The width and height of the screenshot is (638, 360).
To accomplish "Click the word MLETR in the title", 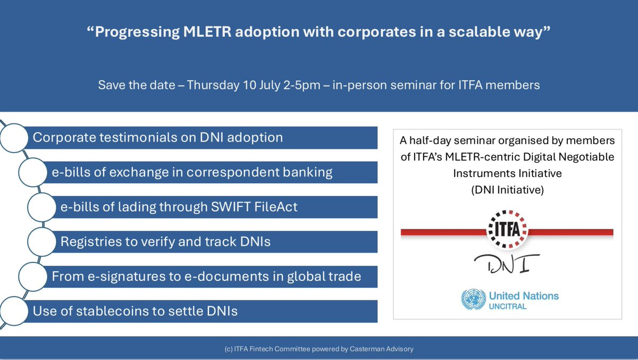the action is (x=207, y=31).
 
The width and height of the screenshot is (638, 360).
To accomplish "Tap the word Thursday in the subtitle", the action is (x=213, y=85).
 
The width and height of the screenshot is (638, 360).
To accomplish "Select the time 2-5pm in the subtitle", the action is (x=302, y=85).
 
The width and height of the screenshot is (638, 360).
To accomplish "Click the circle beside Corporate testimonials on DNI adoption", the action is (x=14, y=138).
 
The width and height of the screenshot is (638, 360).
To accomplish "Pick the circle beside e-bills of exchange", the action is (x=33, y=172).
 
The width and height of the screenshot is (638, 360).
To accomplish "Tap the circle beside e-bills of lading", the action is (x=42, y=207).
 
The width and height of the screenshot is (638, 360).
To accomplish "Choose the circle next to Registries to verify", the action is (x=42, y=242).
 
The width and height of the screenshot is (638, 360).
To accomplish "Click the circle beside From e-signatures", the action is (x=33, y=277).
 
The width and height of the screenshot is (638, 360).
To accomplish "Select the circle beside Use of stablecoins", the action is (x=14, y=311).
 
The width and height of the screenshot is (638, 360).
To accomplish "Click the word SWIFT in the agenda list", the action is (x=231, y=207).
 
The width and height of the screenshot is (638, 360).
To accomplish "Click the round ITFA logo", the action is (x=507, y=230).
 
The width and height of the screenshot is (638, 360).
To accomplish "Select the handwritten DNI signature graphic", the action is (x=507, y=264).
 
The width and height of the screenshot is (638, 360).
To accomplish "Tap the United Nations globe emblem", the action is (x=474, y=299).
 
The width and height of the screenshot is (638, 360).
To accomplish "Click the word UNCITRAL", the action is (x=508, y=306).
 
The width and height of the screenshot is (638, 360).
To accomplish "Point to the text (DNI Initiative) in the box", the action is (x=508, y=190).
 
